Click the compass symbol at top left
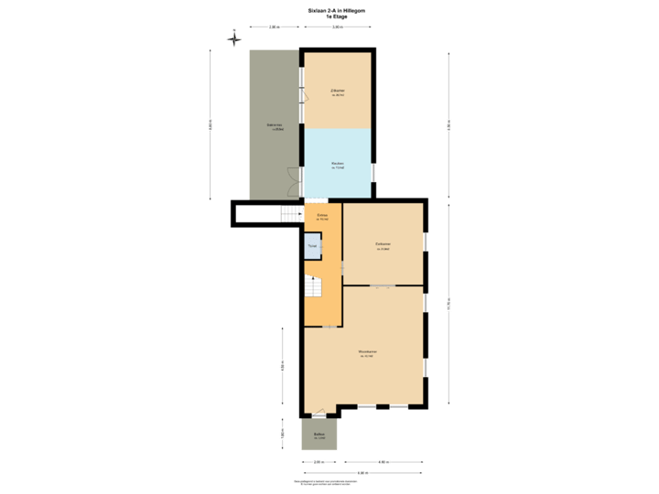pos(233,39)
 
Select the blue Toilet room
pos(312,245)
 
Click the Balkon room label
pos(319,435)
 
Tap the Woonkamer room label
pos(368,353)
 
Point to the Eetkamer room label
pos(384,245)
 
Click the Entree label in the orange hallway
pos(322,217)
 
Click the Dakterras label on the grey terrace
pos(274,126)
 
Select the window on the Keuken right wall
pos(373,171)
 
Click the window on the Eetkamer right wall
pos(427,242)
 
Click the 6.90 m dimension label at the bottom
pos(362,473)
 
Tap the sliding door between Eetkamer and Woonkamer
pos(383,287)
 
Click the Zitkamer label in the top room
pos(338,91)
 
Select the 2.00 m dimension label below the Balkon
pos(319,462)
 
